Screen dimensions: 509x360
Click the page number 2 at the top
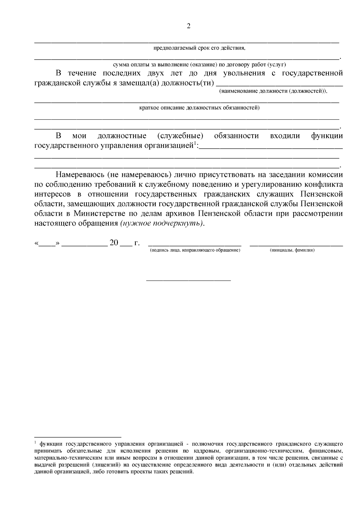188,26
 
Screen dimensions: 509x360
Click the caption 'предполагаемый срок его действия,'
199,48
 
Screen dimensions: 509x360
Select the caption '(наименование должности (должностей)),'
273,91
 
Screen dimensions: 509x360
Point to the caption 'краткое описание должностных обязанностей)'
199,108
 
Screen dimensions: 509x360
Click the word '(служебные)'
180,136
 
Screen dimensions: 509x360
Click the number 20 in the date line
114,243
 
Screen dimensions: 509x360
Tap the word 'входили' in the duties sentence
285,136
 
